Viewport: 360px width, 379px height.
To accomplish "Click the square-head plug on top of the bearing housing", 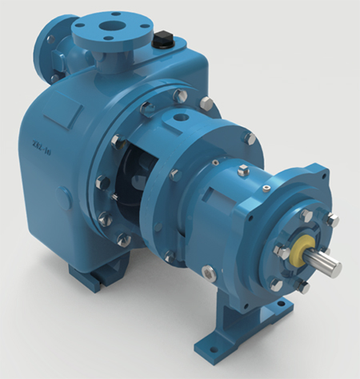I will click(x=243, y=170).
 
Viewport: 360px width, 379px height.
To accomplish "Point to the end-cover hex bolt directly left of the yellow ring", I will click(x=282, y=251).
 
